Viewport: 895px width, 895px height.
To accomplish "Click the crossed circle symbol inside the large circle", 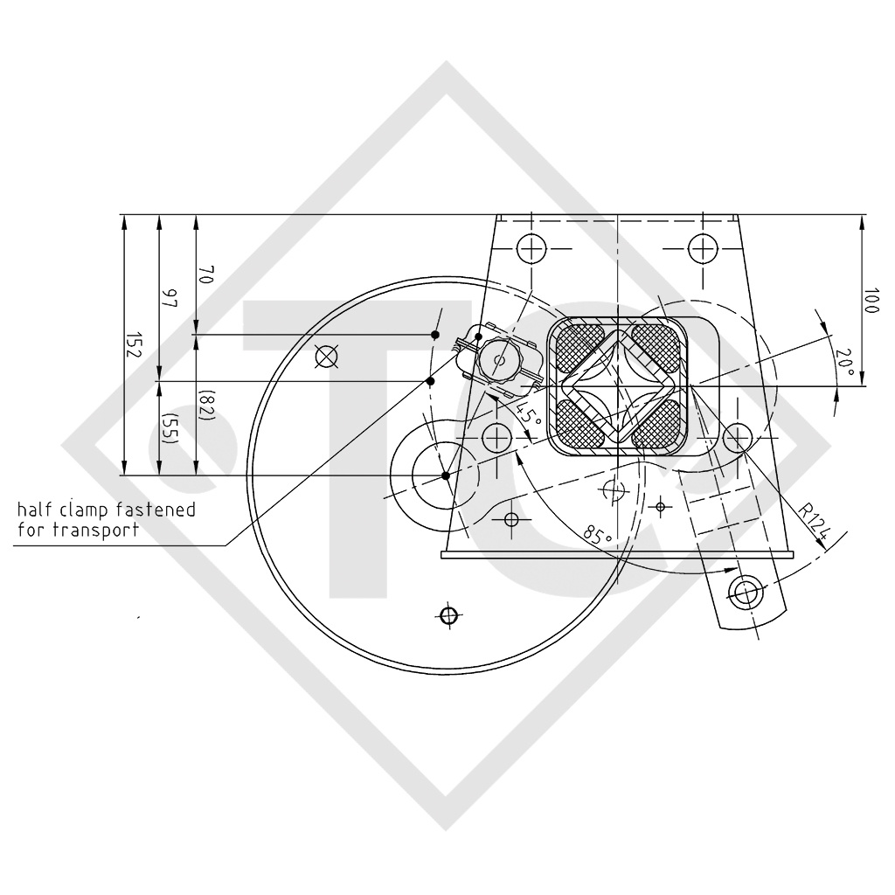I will pyautogui.click(x=325, y=356).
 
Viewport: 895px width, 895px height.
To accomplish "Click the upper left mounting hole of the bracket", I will pyautogui.click(x=531, y=249).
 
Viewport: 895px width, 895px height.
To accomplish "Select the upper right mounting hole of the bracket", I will pyautogui.click(x=702, y=249).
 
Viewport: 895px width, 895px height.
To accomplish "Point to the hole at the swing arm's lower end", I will pyautogui.click(x=746, y=593).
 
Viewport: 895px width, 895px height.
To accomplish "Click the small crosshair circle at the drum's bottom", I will pyautogui.click(x=448, y=615).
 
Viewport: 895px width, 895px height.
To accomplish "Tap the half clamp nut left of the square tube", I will pyautogui.click(x=501, y=360).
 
